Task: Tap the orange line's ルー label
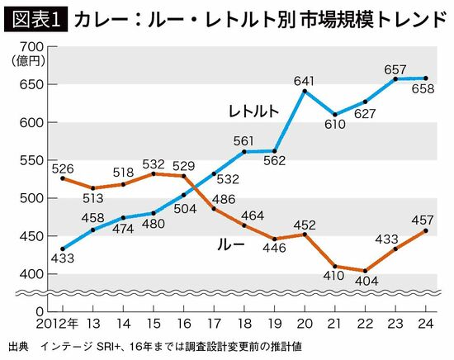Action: coord(230,244)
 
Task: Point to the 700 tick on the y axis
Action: coord(29,47)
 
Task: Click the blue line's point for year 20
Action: coord(305,91)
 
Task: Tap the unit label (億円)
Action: coord(28,60)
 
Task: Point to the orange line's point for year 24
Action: coord(426,230)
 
